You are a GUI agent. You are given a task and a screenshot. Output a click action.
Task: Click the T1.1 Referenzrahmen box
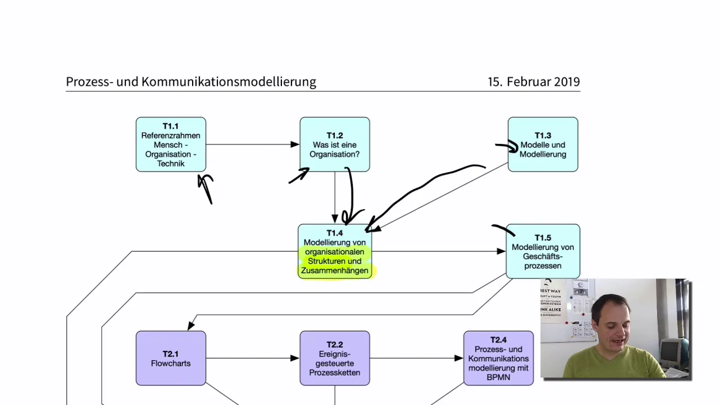[x=171, y=145]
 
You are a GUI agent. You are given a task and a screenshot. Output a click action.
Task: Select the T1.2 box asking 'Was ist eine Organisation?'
[x=335, y=145]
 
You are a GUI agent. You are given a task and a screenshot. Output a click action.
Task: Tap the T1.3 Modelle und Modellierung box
[x=543, y=145]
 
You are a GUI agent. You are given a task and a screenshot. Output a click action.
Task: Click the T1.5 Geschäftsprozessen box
[x=543, y=251]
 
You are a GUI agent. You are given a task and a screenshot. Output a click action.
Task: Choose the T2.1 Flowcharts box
[x=171, y=358]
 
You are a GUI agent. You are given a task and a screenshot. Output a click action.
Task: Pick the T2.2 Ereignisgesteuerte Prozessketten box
[x=335, y=358]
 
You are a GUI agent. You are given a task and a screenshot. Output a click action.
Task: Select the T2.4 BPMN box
[x=498, y=358]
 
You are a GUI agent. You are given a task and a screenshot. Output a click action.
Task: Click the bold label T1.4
[x=334, y=233]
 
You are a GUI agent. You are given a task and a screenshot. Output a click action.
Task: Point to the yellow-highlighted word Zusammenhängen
[x=334, y=271]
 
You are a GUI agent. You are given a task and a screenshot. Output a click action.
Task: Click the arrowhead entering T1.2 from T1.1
[x=295, y=145]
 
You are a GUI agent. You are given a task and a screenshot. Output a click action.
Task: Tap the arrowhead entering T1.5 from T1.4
[x=501, y=251]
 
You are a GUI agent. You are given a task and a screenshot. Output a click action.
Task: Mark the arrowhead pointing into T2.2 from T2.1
[x=295, y=358]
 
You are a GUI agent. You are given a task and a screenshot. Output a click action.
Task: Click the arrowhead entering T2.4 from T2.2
[x=459, y=358]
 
